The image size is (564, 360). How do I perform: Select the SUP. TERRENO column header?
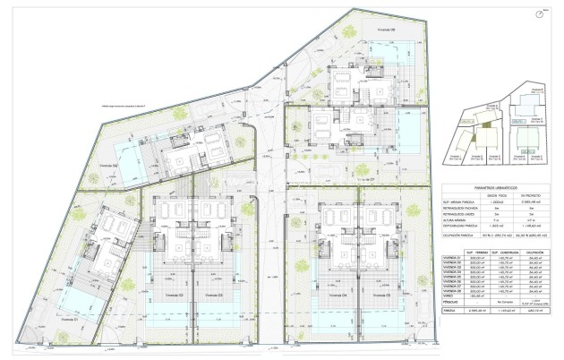point(475,252)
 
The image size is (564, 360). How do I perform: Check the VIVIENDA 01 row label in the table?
point(456,259)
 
